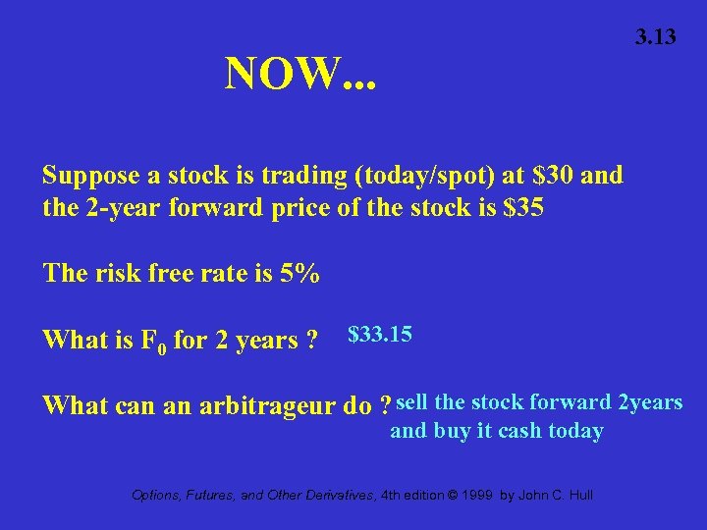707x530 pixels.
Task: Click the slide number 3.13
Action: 655,38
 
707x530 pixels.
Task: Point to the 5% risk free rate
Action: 299,273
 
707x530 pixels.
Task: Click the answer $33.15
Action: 380,335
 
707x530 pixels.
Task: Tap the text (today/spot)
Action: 424,177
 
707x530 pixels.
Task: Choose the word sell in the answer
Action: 411,402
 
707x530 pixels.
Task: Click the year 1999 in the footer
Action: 478,496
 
